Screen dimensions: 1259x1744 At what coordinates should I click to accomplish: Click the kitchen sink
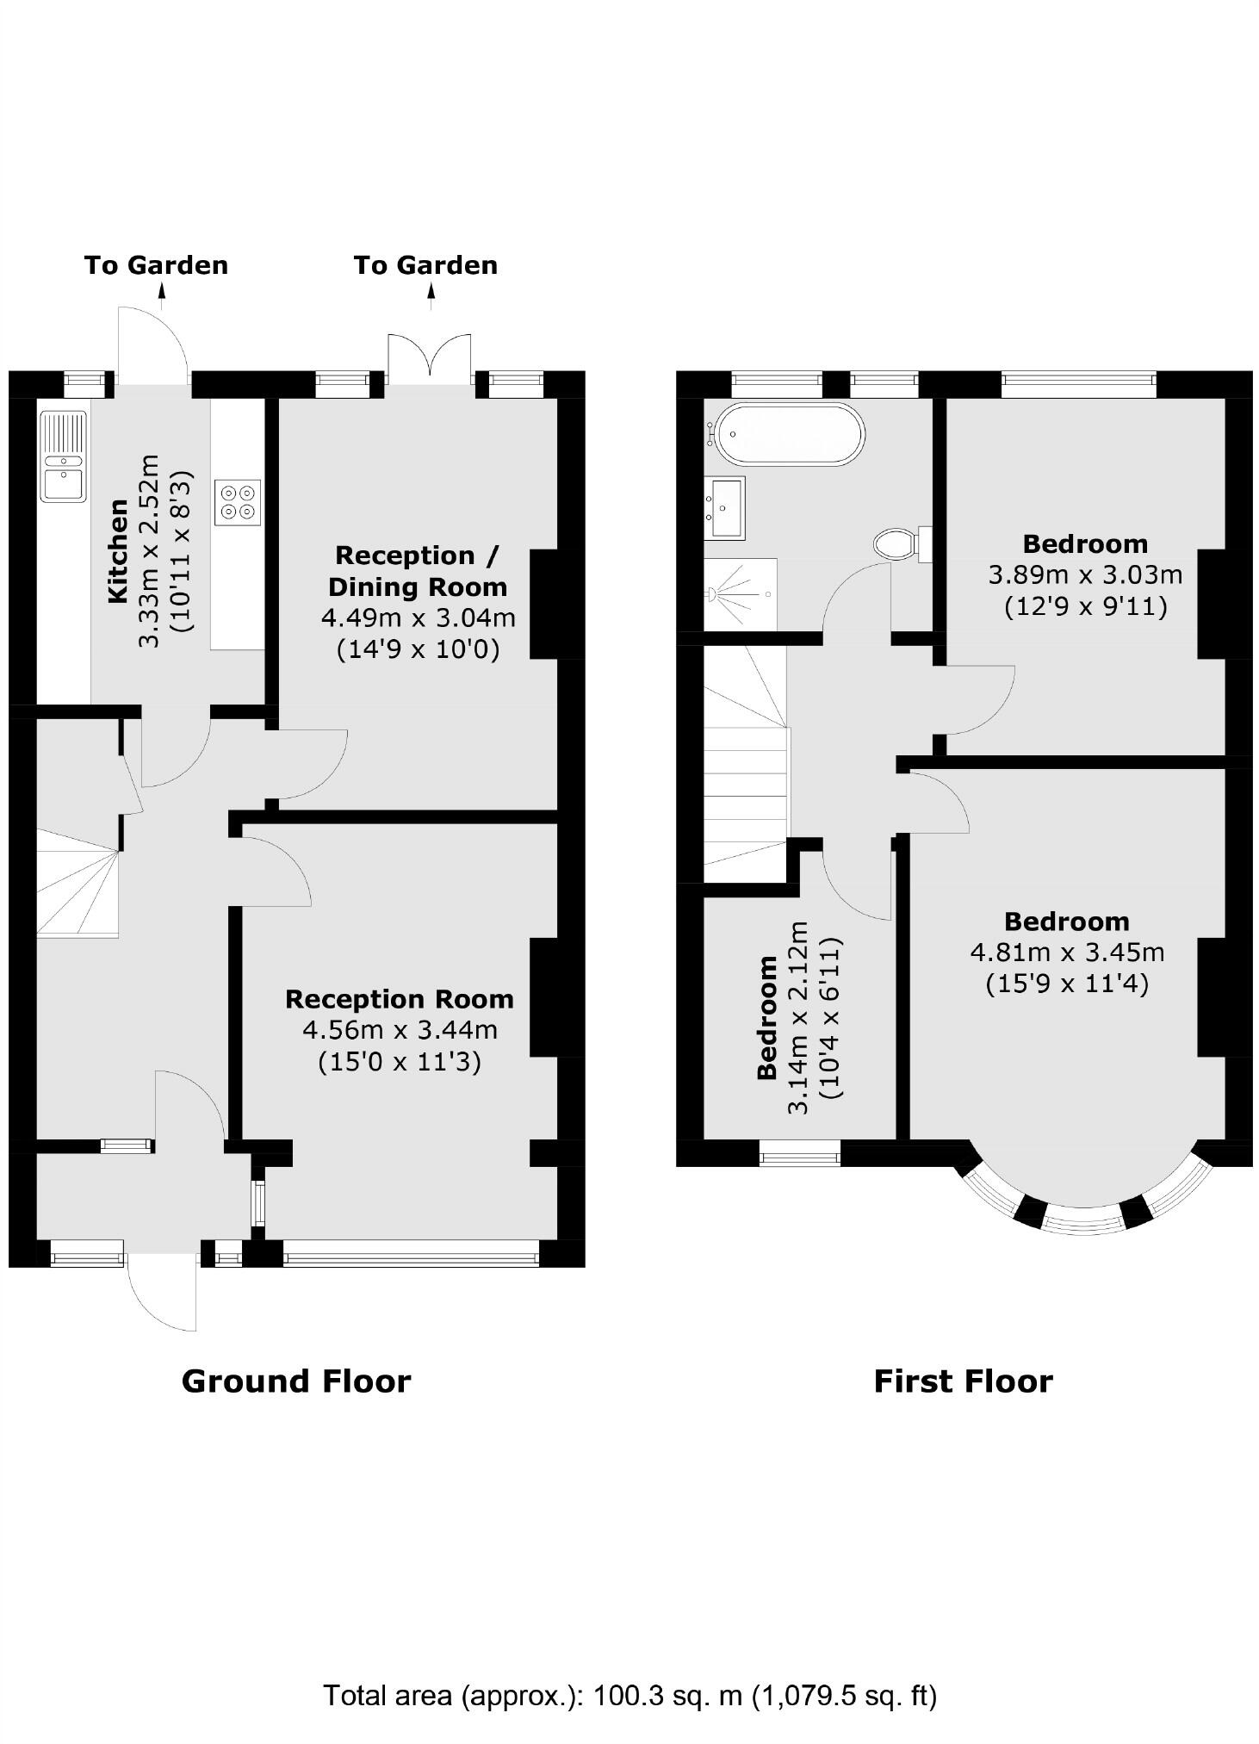coord(63,456)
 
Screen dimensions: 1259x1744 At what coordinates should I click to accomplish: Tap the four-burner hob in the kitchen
coord(239,503)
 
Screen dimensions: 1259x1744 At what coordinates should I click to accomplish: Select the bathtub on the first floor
coord(788,434)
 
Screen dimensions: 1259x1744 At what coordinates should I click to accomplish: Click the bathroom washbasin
coord(724,508)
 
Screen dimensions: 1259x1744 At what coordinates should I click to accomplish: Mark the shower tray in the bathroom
coord(740,594)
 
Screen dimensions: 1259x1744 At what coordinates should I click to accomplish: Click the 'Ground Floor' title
coord(296,1381)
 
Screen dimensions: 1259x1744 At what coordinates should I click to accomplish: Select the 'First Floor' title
coord(963,1381)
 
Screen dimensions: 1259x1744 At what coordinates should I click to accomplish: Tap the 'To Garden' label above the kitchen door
coord(156,265)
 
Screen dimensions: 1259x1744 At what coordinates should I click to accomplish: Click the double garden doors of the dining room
coord(430,358)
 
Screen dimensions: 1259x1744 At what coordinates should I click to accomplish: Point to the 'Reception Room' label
coord(400,999)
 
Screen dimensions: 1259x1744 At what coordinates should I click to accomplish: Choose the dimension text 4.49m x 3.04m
coord(418,618)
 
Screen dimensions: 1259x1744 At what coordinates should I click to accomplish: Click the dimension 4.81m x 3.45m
coord(1067,953)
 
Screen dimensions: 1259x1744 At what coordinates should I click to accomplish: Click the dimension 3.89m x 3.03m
coord(1085,574)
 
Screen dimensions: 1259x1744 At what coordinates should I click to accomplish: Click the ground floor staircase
coord(77,883)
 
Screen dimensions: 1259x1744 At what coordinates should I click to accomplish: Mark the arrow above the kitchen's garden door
coord(161,296)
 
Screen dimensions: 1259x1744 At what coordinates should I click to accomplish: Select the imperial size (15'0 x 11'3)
coord(400,1061)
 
